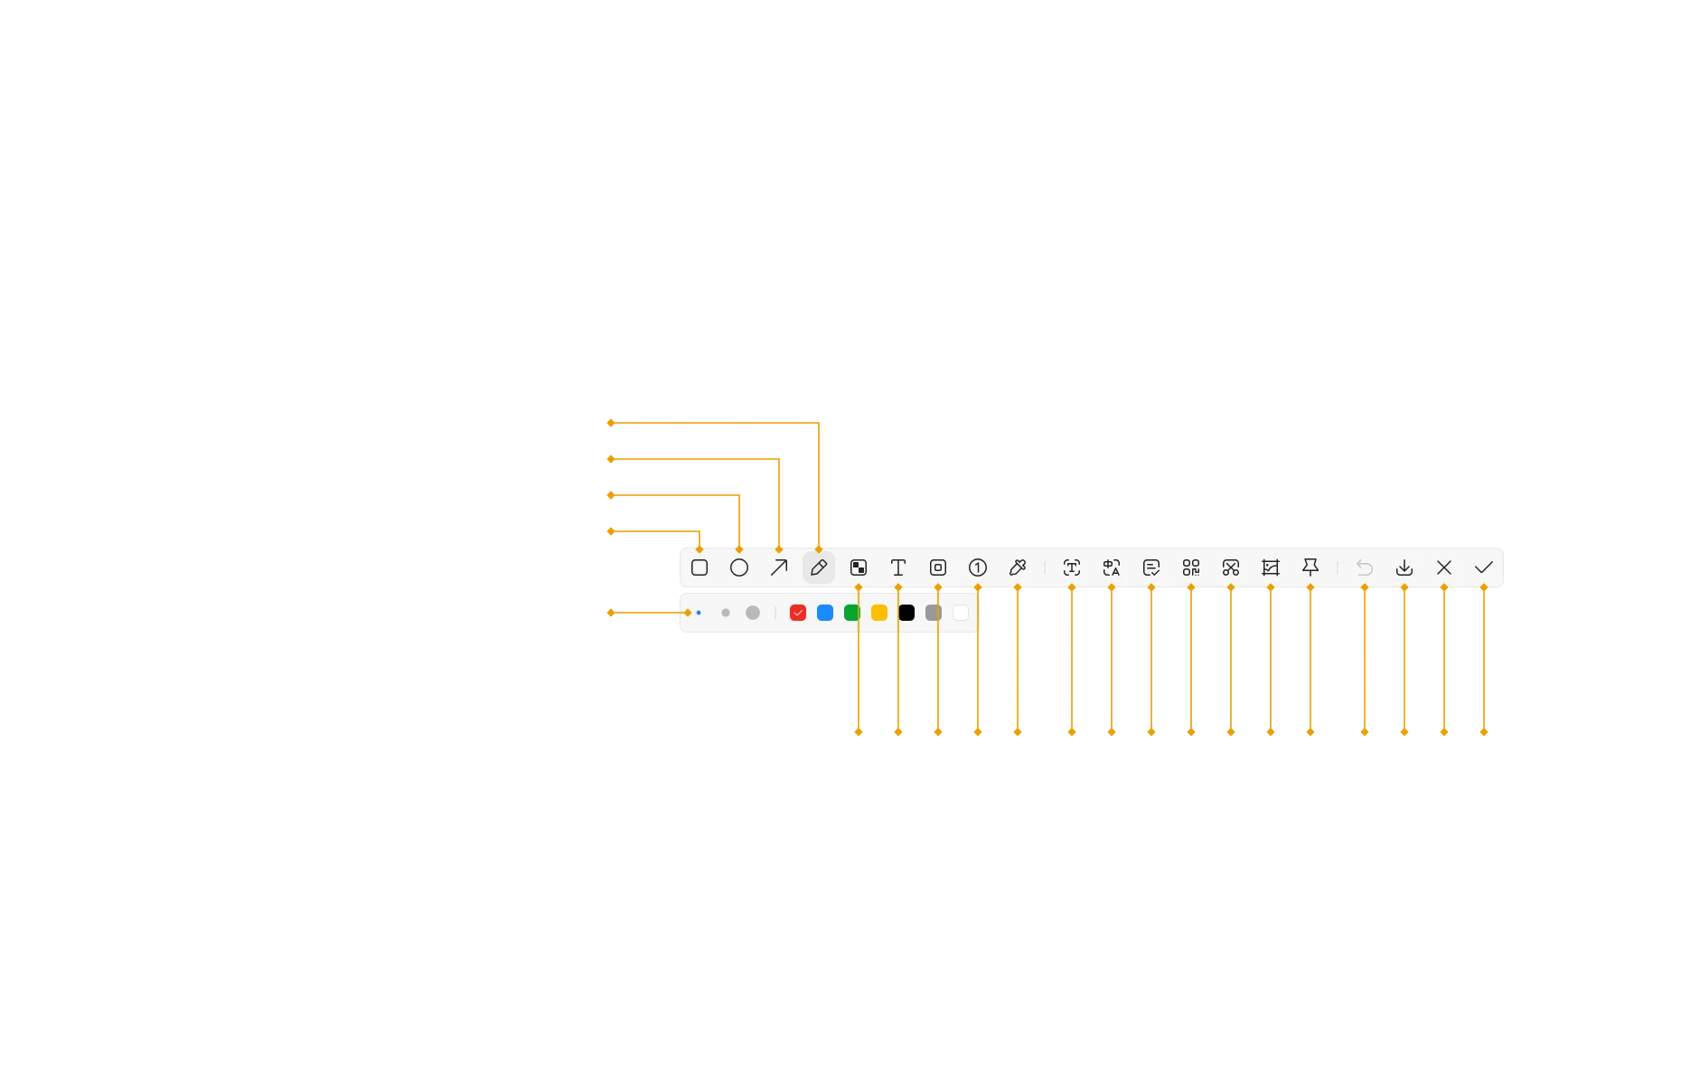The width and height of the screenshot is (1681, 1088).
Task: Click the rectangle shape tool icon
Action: [700, 567]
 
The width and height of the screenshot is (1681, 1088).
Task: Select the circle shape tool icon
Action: [739, 567]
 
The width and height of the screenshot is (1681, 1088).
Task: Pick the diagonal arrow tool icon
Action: [779, 567]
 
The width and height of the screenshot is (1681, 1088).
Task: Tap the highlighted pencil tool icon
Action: [819, 567]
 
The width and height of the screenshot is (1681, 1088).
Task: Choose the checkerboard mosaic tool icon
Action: [859, 567]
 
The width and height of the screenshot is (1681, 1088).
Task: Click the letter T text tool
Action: [898, 567]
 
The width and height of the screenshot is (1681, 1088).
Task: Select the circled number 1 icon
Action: [978, 567]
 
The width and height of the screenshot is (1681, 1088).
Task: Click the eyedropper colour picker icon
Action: [1018, 567]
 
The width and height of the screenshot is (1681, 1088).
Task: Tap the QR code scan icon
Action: [1191, 567]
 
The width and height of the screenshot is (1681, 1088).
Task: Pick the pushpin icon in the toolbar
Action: [1310, 567]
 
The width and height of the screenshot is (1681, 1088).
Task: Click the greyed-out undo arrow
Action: [1365, 567]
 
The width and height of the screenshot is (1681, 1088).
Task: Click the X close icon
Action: [1444, 567]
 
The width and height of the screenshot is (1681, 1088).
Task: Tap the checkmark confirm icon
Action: [1484, 567]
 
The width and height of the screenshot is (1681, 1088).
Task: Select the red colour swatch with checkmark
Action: [798, 613]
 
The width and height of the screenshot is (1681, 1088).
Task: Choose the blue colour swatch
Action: [825, 613]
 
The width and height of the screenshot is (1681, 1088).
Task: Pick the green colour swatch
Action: [851, 613]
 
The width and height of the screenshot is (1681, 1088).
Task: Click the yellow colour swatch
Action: [879, 613]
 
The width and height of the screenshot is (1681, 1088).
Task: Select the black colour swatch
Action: [906, 613]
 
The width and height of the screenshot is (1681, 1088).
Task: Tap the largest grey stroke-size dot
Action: [753, 613]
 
